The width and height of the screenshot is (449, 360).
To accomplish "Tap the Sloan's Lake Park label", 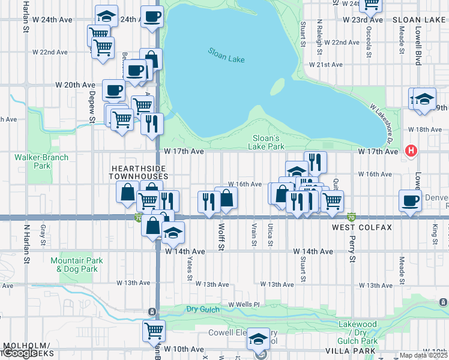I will click(x=267, y=142).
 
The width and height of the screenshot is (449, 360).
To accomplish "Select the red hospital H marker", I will click(x=411, y=151).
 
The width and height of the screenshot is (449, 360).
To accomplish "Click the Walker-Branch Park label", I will click(x=42, y=161).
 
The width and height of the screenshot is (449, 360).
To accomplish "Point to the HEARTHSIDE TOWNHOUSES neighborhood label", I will click(x=138, y=173).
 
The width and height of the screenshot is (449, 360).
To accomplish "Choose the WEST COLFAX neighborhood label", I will click(x=362, y=229).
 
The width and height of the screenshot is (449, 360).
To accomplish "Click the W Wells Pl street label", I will click(x=243, y=305).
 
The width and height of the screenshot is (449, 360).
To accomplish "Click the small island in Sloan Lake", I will click(x=277, y=87).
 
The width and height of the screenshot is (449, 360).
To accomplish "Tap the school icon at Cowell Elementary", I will click(x=259, y=339).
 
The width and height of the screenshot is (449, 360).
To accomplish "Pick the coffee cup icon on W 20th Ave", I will click(x=113, y=91).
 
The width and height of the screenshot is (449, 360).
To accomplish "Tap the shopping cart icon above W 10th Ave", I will click(x=154, y=329).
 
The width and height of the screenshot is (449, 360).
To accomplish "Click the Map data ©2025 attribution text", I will click(x=424, y=355).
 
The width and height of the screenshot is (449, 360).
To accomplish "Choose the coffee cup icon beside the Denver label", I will click(x=411, y=201).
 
